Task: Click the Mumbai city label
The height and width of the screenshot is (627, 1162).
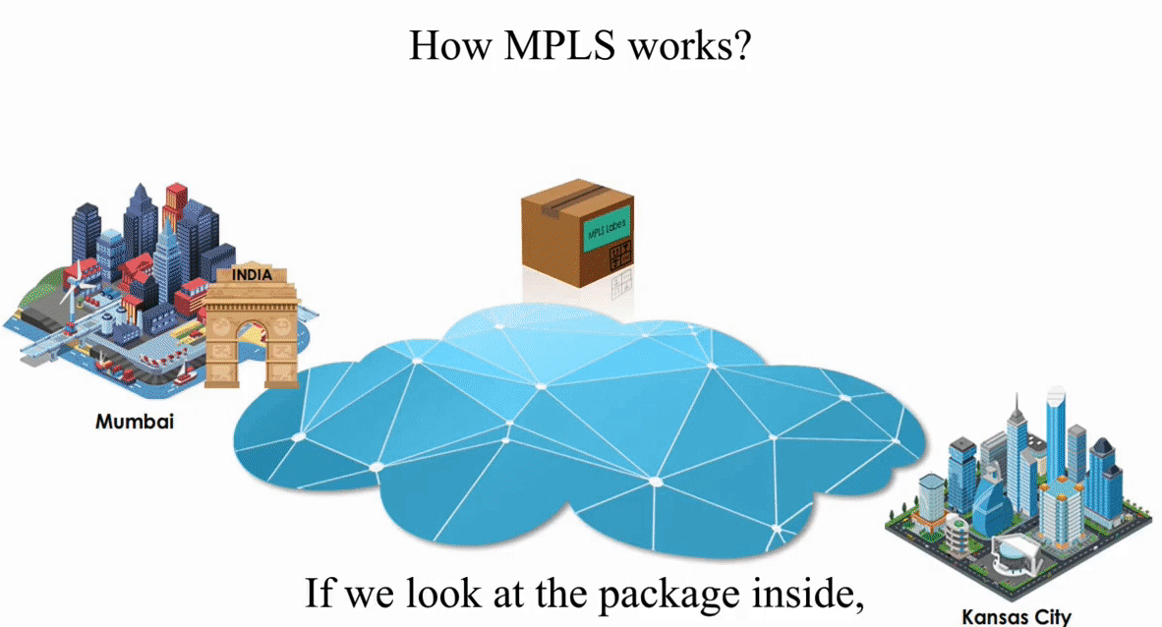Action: click(x=135, y=422)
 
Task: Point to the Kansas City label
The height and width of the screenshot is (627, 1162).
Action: click(x=1016, y=617)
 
